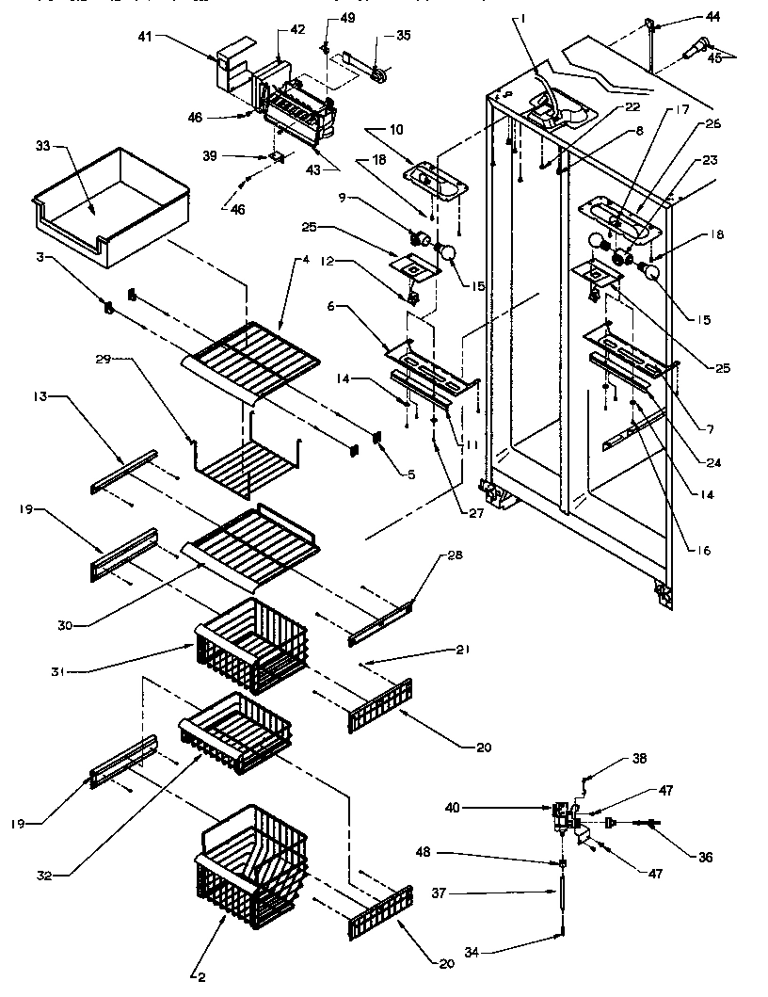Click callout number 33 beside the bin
coord(41,147)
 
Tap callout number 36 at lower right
coord(705,858)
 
